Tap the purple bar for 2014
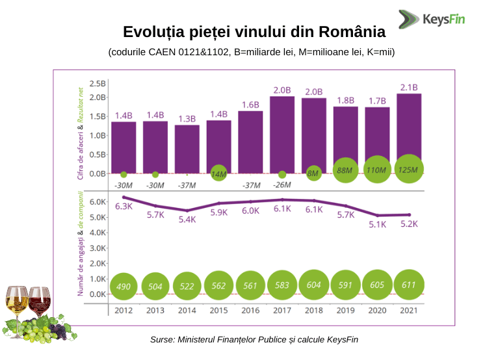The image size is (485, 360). pos(187,149)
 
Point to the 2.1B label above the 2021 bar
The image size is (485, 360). pos(409,87)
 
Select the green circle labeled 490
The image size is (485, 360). pos(124,286)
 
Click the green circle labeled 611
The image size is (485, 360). pos(409,285)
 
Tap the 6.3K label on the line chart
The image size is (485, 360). pos(124,207)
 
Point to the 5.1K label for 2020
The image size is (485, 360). pos(377,224)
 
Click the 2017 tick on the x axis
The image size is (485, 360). pos(282,310)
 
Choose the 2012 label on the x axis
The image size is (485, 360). pos(124,310)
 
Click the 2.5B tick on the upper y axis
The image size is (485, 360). pos(98,84)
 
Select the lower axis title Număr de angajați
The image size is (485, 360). pos(81,266)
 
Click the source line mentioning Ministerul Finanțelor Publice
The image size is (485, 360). pos(254,339)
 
